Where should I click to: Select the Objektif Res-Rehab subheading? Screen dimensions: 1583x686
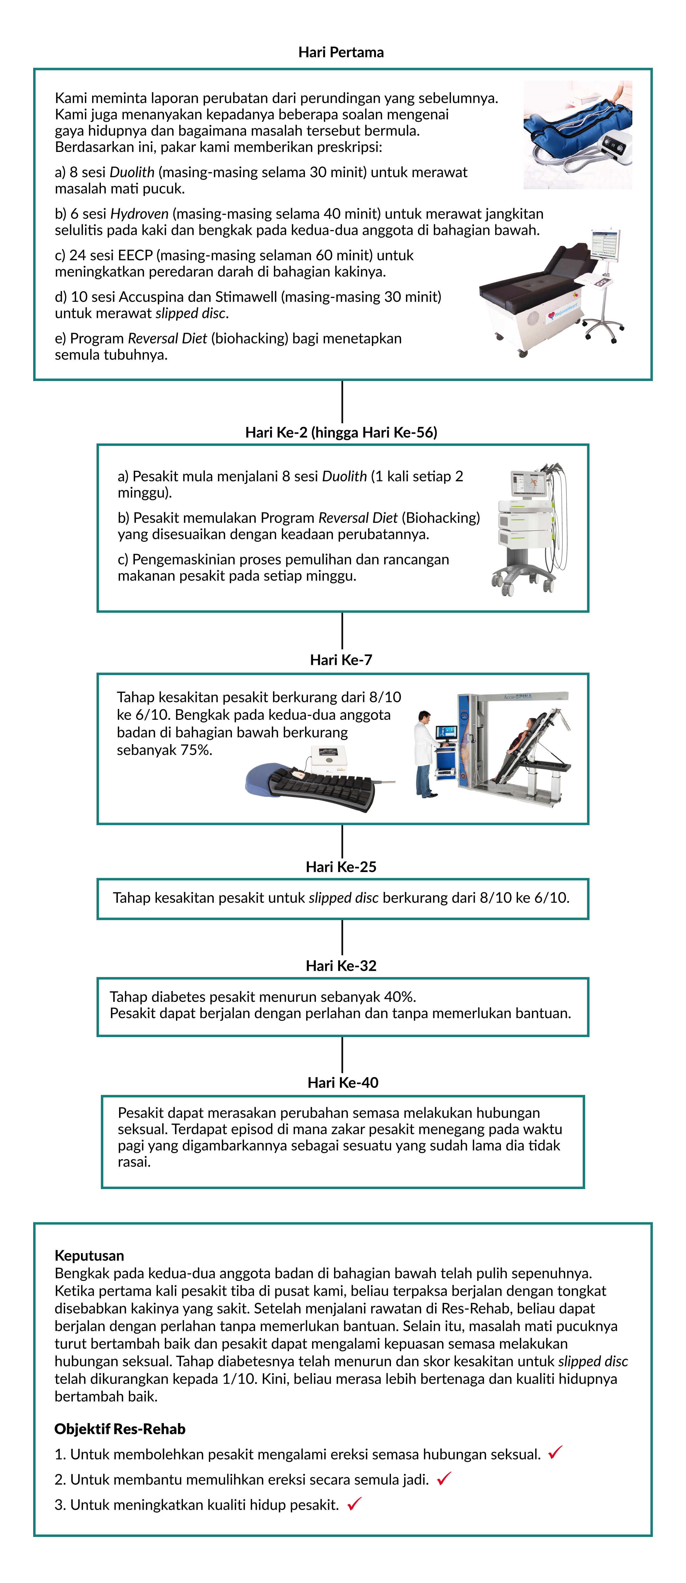(x=120, y=1429)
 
